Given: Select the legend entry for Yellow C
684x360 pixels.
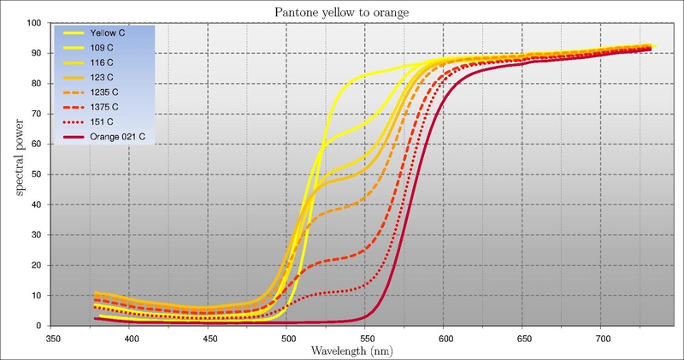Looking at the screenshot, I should point(109,33).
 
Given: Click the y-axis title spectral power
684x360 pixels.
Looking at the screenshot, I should point(15,174).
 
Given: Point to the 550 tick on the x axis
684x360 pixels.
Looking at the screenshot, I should point(364,338).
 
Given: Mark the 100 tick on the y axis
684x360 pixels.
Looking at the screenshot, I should point(34,23).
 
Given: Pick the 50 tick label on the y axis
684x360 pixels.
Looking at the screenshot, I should point(37,174).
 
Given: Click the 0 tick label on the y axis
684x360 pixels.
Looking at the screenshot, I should point(39,326).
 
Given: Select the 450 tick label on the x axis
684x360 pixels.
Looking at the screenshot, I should point(207,338).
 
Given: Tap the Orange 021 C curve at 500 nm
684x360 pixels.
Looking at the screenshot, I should point(286,323).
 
